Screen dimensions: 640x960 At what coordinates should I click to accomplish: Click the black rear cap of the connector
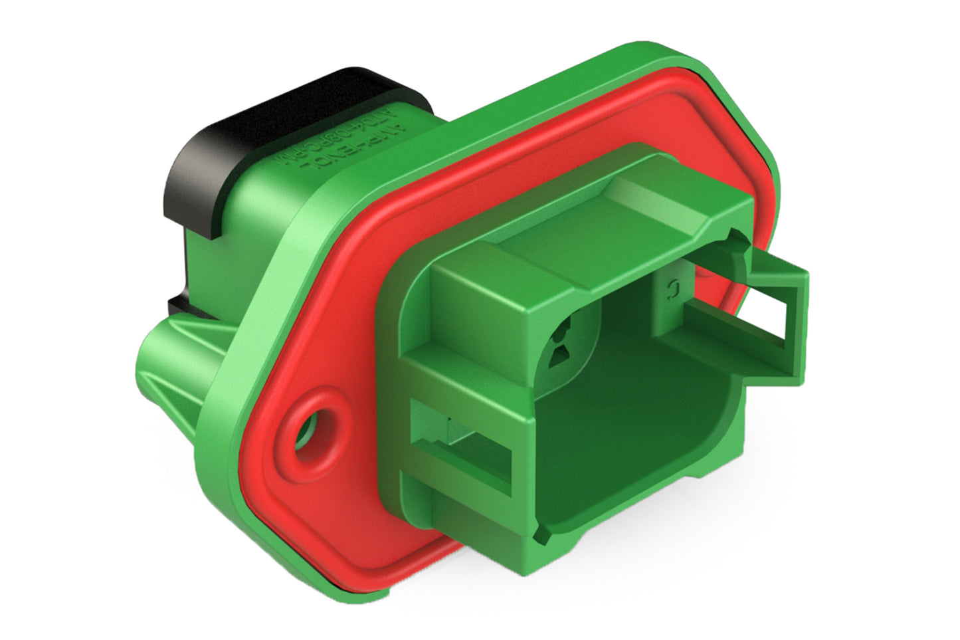[x=199, y=146]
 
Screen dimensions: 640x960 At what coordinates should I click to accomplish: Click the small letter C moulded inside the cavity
[x=672, y=288]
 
